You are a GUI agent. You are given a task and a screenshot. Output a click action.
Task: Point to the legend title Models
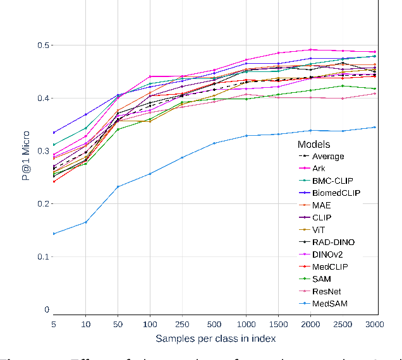pos(314,144)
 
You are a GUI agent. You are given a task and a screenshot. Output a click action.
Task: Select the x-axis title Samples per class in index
pos(215,339)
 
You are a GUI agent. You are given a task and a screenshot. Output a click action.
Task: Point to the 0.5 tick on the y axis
pos(42,45)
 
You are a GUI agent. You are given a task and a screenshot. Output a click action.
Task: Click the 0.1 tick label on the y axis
pos(42,256)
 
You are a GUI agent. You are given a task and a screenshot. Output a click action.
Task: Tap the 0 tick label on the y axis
pos(46,309)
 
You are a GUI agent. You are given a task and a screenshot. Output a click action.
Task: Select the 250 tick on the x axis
pos(182,323)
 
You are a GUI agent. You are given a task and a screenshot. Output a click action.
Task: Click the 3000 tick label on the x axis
pos(375,323)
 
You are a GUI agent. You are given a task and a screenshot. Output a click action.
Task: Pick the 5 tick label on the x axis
pos(54,323)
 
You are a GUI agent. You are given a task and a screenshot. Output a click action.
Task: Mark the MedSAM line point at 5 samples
pos(54,234)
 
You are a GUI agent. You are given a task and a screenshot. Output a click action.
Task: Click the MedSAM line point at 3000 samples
pos(375,127)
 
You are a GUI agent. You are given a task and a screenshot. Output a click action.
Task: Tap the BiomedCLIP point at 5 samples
pos(54,133)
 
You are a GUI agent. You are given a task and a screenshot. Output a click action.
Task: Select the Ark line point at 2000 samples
pos(310,49)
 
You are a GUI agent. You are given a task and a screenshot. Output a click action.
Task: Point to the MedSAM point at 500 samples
pos(214,143)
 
